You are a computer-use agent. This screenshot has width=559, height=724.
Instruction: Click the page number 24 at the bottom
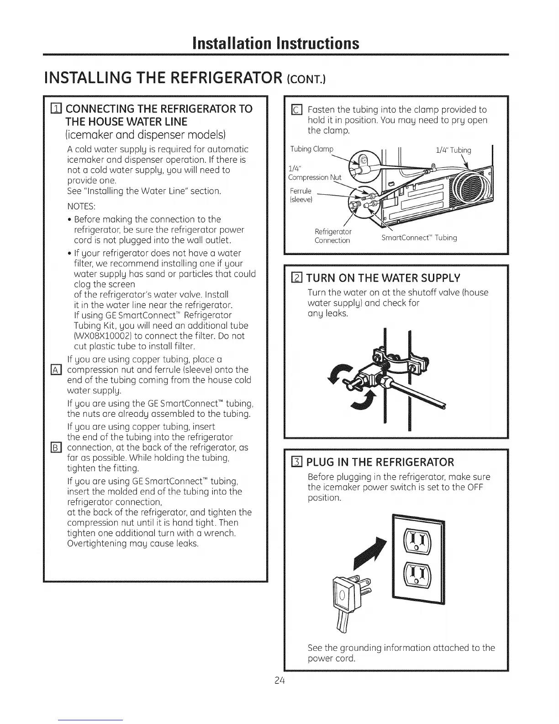pyautogui.click(x=280, y=680)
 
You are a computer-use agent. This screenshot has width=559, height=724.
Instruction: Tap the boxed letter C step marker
pyautogui.click(x=296, y=110)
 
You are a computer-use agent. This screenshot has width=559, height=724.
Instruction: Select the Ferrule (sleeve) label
pyautogui.click(x=301, y=195)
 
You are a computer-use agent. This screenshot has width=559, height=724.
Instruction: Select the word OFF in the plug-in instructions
pyautogui.click(x=475, y=487)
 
